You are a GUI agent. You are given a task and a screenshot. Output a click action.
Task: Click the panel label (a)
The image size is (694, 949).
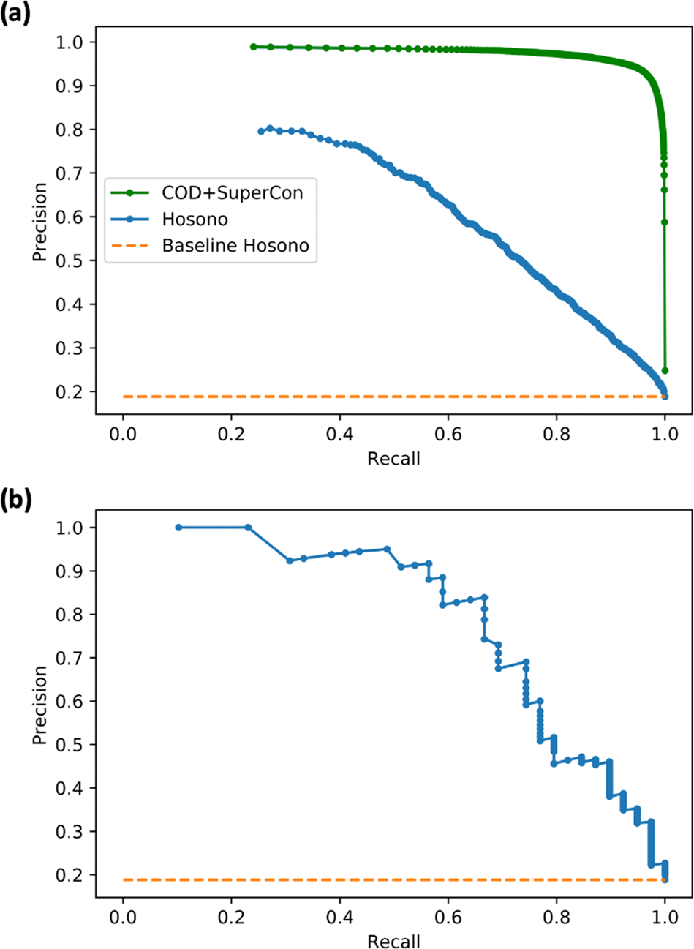[16, 14]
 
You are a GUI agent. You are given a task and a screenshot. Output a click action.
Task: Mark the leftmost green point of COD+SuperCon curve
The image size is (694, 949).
[254, 47]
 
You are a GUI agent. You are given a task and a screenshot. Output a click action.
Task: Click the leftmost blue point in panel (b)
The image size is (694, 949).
[178, 527]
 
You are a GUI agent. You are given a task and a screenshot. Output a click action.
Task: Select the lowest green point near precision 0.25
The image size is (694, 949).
[665, 370]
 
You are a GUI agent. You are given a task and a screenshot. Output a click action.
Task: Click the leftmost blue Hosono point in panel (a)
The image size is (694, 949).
[261, 131]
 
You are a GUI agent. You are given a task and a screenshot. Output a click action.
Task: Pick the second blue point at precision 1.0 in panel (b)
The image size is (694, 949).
[248, 527]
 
